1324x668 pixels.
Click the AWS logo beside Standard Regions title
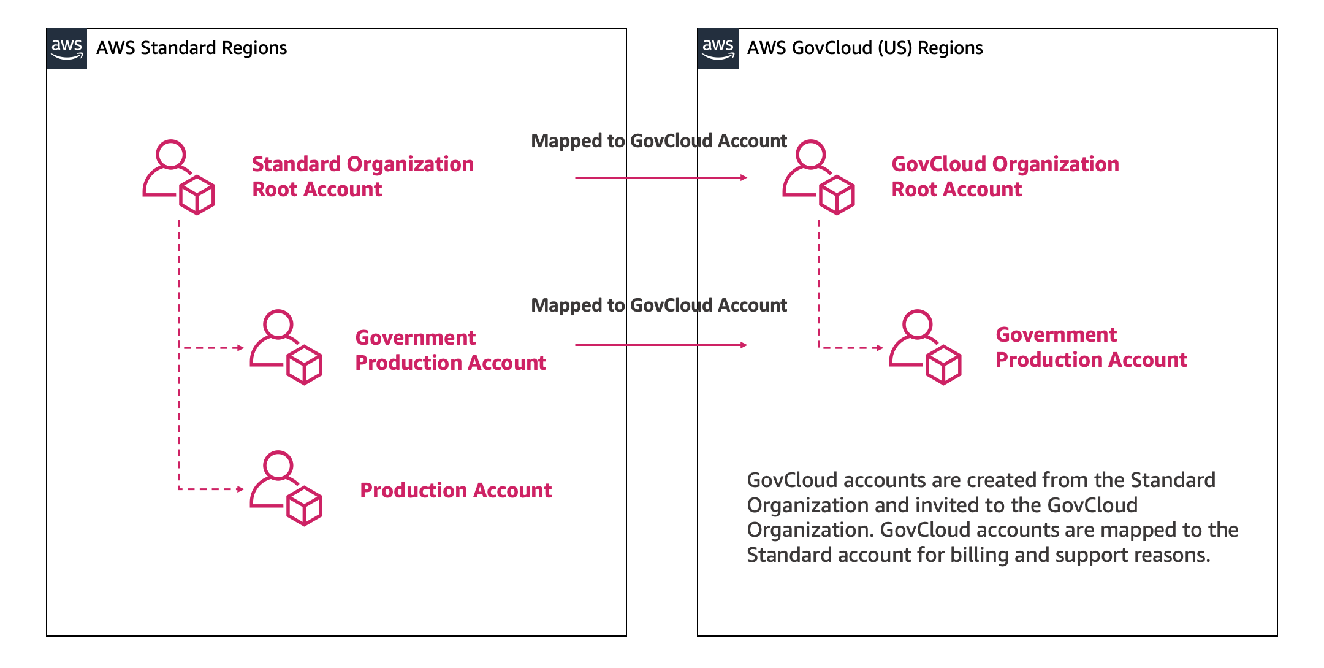pyautogui.click(x=67, y=48)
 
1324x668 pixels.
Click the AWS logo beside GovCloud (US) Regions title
pyautogui.click(x=718, y=48)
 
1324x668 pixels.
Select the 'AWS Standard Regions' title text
pyautogui.click(x=191, y=48)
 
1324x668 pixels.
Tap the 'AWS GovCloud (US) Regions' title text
pyautogui.click(x=864, y=48)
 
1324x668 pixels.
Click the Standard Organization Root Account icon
pyautogui.click(x=178, y=177)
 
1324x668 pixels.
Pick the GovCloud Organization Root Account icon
pyautogui.click(x=818, y=177)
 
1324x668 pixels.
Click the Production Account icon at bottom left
pyautogui.click(x=286, y=488)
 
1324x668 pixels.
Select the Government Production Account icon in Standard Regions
pyautogui.click(x=286, y=347)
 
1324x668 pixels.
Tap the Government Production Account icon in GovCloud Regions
pyautogui.click(x=925, y=347)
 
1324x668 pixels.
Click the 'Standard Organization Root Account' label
pyautogui.click(x=362, y=177)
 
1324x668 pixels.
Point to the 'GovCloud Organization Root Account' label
pyautogui.click(x=1005, y=177)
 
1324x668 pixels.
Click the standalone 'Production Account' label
pyautogui.click(x=455, y=491)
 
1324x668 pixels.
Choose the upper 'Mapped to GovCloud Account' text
pyautogui.click(x=658, y=141)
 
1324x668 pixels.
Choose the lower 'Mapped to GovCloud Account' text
pyautogui.click(x=658, y=305)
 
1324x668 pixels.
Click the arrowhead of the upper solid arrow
pyautogui.click(x=744, y=177)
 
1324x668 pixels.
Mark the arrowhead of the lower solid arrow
pyautogui.click(x=744, y=345)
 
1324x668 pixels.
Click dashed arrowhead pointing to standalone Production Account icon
pyautogui.click(x=241, y=489)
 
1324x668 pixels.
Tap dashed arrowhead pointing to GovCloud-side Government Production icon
pyautogui.click(x=880, y=348)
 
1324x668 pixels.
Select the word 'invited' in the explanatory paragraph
pyautogui.click(x=908, y=505)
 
